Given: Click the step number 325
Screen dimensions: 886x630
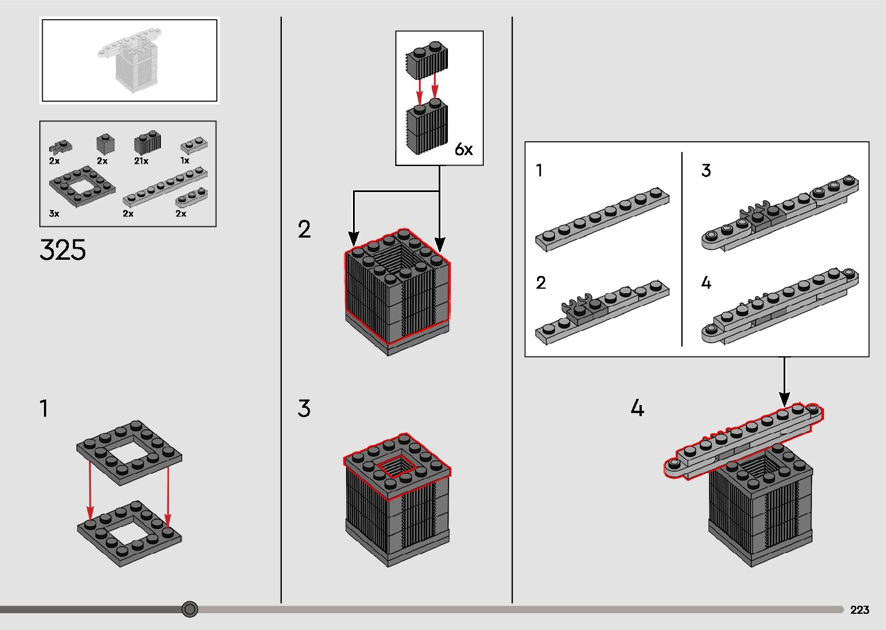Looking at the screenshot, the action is (63, 250).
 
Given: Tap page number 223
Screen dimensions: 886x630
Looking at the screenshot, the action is (859, 610).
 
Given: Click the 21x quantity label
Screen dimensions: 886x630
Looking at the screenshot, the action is (141, 161).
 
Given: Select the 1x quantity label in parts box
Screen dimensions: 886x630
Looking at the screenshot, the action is (185, 161).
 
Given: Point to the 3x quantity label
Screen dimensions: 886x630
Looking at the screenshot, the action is (54, 213).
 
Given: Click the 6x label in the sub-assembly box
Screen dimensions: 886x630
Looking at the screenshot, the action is (464, 149).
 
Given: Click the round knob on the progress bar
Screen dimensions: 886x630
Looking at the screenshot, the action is (190, 609).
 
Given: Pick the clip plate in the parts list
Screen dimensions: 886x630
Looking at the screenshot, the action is (61, 147).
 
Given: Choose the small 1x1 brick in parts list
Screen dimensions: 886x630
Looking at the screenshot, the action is (105, 144).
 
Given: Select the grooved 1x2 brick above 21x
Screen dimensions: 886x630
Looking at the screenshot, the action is (148, 142).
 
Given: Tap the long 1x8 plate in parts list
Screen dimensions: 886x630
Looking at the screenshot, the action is (166, 187).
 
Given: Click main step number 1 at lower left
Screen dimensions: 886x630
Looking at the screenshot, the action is (44, 408).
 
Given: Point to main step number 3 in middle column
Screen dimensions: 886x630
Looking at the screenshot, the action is (304, 408).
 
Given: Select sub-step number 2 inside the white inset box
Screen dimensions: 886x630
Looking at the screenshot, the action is (541, 283).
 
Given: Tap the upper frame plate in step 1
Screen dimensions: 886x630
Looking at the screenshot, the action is (129, 453).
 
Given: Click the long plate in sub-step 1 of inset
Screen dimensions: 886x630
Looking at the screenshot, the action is (602, 219).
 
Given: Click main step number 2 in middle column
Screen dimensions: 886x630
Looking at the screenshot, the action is (304, 229).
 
